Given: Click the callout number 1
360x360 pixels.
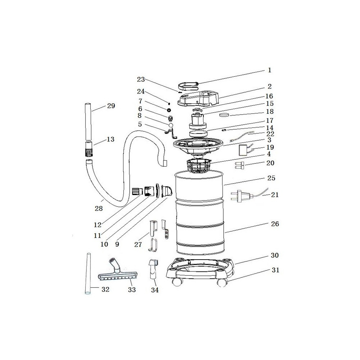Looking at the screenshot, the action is click(x=270, y=70).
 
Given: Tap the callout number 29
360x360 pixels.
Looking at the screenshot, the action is click(x=111, y=106).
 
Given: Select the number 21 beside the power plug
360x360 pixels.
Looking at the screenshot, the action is click(x=275, y=195).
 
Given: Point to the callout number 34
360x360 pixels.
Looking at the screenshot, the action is click(x=155, y=290).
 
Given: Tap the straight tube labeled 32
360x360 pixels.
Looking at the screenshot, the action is click(x=88, y=274).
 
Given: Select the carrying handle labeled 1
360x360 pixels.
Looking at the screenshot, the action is click(x=189, y=86).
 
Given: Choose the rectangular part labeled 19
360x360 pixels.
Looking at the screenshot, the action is click(x=242, y=150).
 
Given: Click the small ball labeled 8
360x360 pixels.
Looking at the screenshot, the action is click(x=171, y=125).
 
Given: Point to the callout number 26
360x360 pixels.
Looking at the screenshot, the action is click(x=275, y=224).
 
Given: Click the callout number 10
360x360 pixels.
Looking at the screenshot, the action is click(x=104, y=244).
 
